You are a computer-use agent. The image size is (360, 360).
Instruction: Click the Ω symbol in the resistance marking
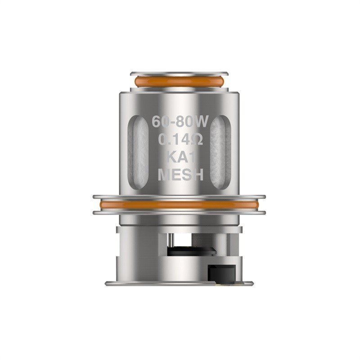[197, 140]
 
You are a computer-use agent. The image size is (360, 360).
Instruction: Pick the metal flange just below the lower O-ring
[179, 212]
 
